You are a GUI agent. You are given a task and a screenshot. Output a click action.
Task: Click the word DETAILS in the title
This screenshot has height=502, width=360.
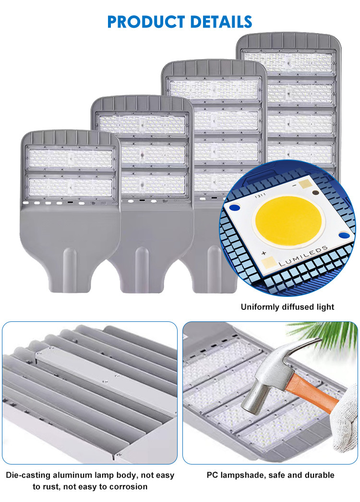tap(221, 22)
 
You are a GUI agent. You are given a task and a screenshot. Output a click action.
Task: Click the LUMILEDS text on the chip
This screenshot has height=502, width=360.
tap(303, 256)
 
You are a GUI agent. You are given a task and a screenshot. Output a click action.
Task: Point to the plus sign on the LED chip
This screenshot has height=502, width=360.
tap(264, 253)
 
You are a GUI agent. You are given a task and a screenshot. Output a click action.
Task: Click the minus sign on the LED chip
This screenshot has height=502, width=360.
tap(294, 186)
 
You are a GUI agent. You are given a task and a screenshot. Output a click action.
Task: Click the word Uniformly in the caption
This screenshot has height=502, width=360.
tap(260, 307)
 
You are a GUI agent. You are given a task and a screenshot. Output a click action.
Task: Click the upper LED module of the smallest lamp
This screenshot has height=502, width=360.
tap(71, 158)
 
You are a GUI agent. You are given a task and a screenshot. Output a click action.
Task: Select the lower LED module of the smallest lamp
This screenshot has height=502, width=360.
tap(71, 187)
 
